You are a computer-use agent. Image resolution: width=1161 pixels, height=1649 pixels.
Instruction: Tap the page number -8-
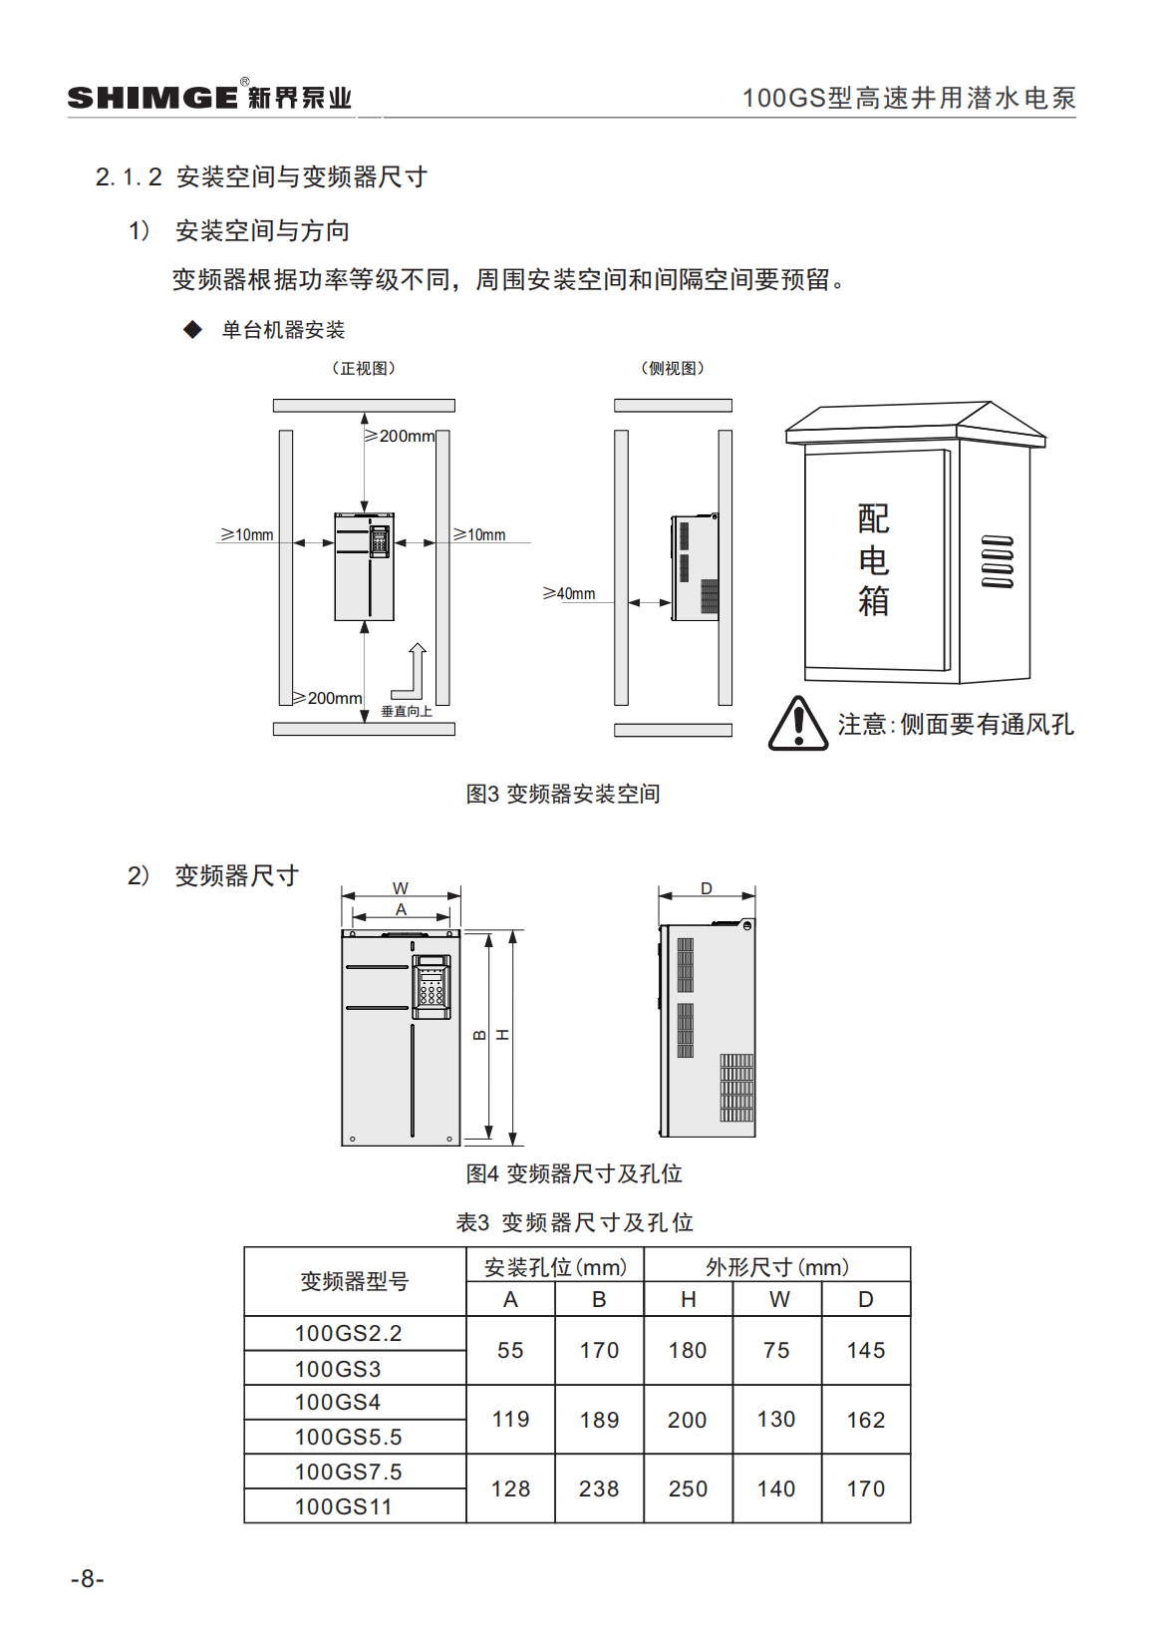coord(88,1578)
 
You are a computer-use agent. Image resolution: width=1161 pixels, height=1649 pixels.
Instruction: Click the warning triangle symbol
coord(797,725)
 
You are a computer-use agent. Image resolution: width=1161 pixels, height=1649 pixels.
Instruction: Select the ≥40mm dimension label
coord(569,594)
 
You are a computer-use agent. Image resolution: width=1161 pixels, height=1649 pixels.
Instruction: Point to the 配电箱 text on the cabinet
coord(873,560)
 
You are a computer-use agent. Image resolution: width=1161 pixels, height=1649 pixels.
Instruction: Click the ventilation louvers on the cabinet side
coord(997,561)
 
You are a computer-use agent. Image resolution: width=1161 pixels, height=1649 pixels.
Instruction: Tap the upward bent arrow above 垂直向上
coord(411,671)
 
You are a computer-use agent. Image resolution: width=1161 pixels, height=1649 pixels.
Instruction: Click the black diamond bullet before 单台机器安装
coord(193,330)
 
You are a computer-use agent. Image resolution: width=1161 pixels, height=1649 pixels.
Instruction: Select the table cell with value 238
coord(599,1488)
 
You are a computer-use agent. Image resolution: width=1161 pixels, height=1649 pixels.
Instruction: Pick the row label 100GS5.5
coord(348,1437)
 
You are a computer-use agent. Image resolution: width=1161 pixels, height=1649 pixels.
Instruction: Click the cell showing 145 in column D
coord(865,1350)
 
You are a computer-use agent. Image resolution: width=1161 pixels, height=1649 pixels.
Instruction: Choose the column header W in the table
coord(778,1299)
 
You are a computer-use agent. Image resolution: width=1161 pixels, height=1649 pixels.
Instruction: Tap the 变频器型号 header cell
coord(355,1281)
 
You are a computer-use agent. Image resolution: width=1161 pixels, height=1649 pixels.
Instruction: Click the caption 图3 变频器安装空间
coord(563,794)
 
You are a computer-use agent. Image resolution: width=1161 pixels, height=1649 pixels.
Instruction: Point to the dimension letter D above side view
coord(707,888)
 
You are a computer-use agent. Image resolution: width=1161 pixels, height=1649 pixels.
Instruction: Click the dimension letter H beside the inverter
coord(503,1035)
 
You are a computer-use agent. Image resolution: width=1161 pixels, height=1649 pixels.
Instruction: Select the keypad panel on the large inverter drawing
coord(432,986)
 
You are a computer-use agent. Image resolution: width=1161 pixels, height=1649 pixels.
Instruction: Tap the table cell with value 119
coord(510,1419)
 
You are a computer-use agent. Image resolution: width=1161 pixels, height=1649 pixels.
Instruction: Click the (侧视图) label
coord(673,368)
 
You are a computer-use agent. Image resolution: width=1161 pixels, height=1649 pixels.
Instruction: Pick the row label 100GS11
coord(343,1506)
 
